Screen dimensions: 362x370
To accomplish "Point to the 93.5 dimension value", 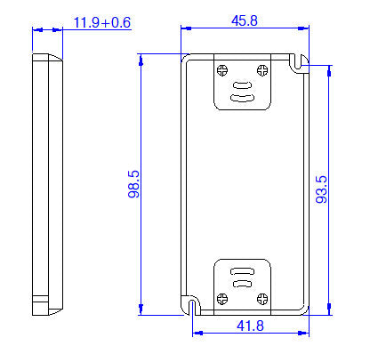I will (322, 189).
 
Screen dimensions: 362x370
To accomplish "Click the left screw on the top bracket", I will (223, 69).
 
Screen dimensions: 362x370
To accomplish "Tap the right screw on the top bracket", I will (261, 69).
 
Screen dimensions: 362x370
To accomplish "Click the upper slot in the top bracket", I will (242, 86).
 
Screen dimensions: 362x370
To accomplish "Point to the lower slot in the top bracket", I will (242, 97).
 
